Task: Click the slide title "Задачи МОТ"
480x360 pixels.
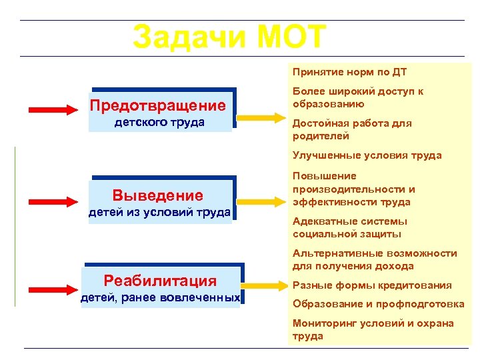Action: pyautogui.click(x=229, y=37)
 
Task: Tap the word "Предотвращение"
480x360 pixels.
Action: pyautogui.click(x=158, y=106)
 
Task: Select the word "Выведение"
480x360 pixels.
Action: pyautogui.click(x=158, y=195)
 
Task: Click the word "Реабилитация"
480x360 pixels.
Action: pyautogui.click(x=160, y=281)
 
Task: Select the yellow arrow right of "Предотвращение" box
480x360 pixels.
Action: pyautogui.click(x=261, y=118)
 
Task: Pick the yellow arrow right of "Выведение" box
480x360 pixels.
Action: pyautogui.click(x=261, y=199)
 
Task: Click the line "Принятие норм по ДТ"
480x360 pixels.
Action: pyautogui.click(x=349, y=72)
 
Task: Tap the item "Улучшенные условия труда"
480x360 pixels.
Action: pyautogui.click(x=367, y=155)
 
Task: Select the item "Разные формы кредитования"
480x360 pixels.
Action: pyautogui.click(x=372, y=285)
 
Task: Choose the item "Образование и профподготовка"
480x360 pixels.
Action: pyautogui.click(x=378, y=304)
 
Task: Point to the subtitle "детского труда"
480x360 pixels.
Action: pyautogui.click(x=159, y=123)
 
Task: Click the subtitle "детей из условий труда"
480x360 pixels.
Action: pyautogui.click(x=160, y=213)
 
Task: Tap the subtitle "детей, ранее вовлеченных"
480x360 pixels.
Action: pyautogui.click(x=160, y=297)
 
